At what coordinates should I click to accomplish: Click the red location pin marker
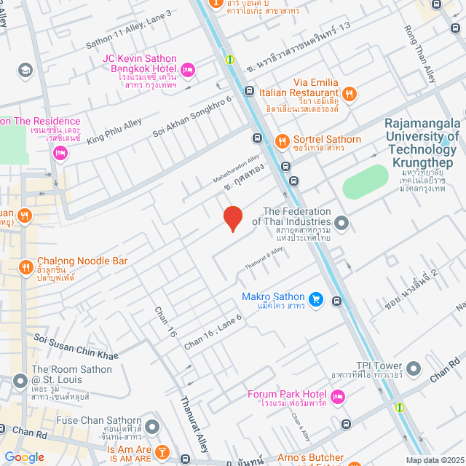click(232, 218)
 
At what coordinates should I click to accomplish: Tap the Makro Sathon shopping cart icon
click(315, 299)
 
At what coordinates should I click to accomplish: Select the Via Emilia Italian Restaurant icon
click(349, 92)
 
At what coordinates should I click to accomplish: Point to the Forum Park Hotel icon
click(337, 396)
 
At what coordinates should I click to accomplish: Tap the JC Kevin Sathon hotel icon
click(187, 70)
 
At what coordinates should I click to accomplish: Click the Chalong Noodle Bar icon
click(25, 267)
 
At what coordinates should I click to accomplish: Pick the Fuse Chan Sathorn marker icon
click(152, 426)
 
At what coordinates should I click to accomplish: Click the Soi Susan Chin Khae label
click(76, 345)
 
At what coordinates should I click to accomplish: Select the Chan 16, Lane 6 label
click(212, 333)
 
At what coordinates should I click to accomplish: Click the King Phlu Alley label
click(114, 131)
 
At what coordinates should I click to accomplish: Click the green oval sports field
click(366, 181)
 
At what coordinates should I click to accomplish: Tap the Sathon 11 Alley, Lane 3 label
click(129, 25)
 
